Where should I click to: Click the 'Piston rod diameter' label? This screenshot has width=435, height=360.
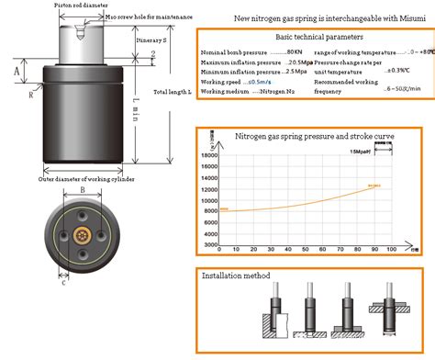(61, 5)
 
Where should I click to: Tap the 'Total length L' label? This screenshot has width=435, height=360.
(171, 92)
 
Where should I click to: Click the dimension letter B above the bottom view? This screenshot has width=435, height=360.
(82, 191)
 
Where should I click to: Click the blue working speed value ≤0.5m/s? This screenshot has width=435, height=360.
(262, 82)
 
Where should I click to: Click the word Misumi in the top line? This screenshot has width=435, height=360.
(414, 17)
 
